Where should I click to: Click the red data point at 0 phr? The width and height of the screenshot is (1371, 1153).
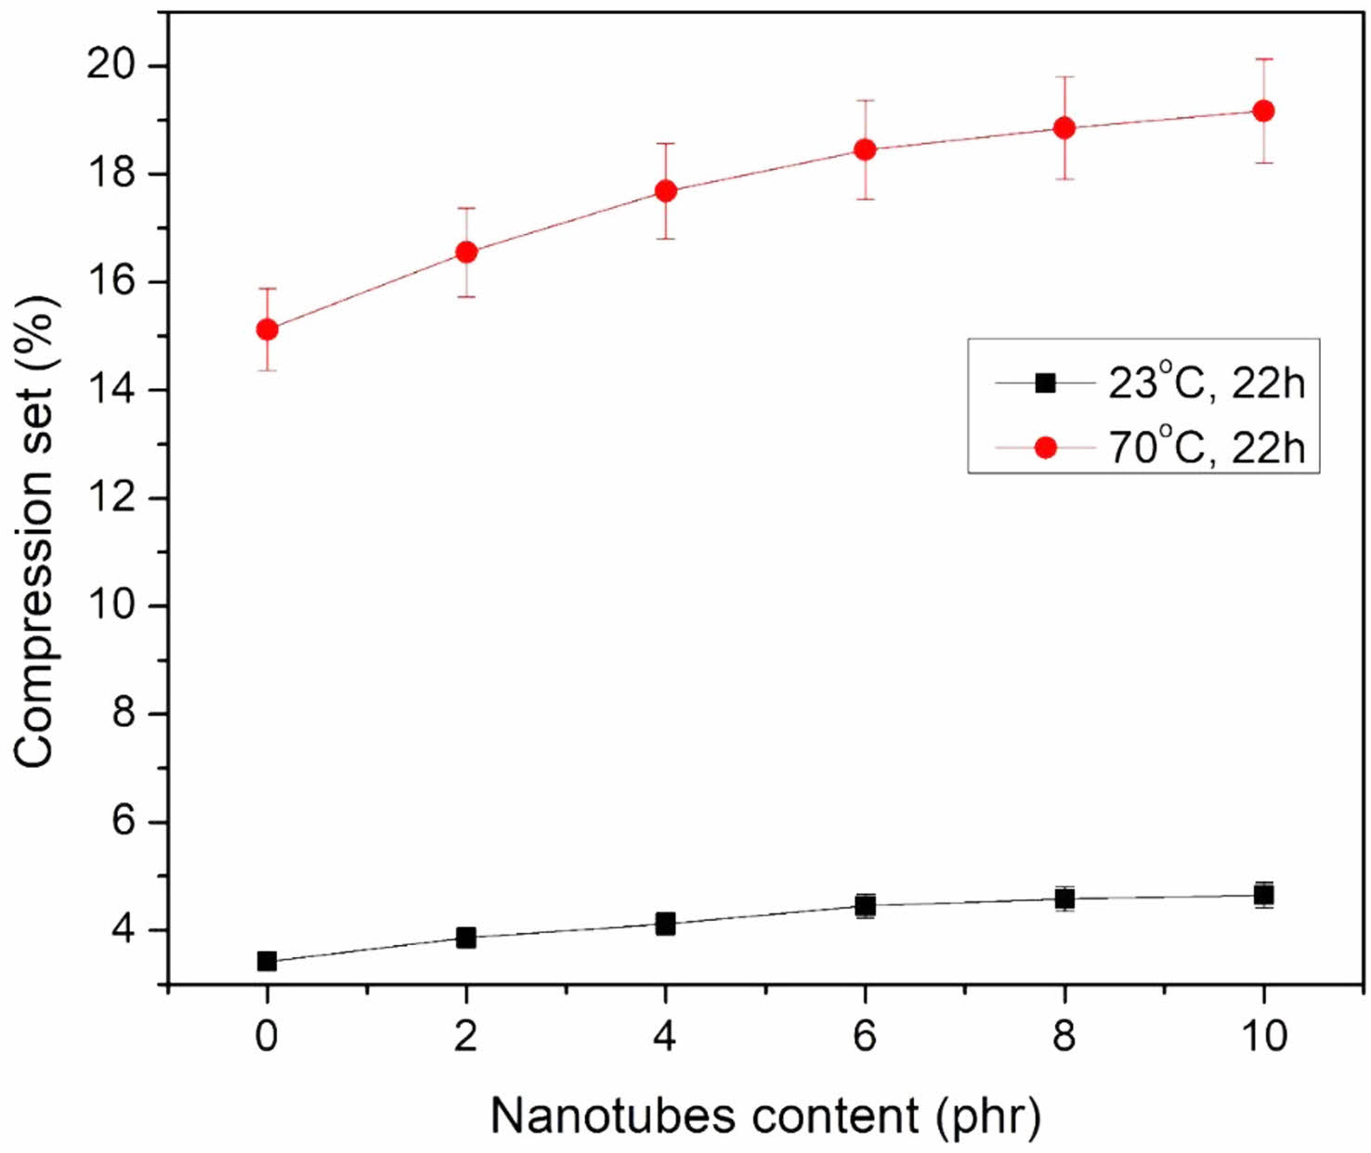(267, 330)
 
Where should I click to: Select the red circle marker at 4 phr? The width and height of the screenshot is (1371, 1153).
(665, 191)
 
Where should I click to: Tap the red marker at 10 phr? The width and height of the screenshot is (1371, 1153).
(1263, 111)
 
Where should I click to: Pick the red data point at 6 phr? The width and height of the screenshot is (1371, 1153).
(865, 149)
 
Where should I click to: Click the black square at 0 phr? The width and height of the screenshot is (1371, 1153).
(267, 961)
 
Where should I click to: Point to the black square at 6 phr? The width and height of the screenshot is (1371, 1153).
(865, 905)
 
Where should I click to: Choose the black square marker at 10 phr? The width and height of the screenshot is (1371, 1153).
(1263, 895)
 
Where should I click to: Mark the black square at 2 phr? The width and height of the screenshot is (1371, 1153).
(466, 938)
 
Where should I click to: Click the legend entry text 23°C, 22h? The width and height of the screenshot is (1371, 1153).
(1206, 382)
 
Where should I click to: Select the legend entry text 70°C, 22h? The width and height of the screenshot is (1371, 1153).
(1206, 447)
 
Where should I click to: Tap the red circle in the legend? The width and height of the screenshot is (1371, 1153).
(1046, 447)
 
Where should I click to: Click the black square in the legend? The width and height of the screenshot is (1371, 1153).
(1046, 382)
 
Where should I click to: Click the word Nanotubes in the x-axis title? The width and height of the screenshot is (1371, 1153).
(611, 1116)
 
